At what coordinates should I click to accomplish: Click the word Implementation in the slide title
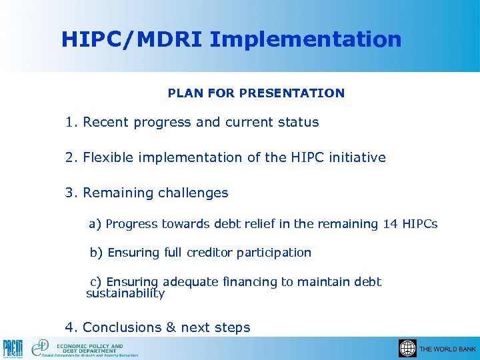pos(305,39)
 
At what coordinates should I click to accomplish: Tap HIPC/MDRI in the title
pos(132,39)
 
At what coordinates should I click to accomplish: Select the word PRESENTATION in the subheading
pos(294,93)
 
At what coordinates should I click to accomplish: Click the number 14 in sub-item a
pos(390,224)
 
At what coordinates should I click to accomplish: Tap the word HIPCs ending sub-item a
pos(420,224)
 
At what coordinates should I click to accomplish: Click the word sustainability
pos(125,293)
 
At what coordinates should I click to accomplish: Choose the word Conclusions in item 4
pos(121,327)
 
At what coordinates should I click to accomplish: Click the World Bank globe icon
pos(407,349)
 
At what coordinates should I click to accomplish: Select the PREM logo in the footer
pos(12,348)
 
